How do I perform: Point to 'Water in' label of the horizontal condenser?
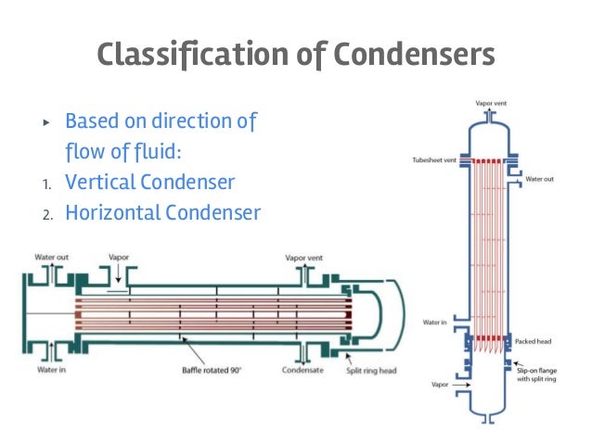click(x=50, y=371)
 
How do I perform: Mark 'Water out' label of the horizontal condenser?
click(x=53, y=257)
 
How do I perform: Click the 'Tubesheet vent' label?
click(x=431, y=159)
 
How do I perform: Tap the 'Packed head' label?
click(x=533, y=340)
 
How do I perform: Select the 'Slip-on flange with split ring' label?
click(x=536, y=374)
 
